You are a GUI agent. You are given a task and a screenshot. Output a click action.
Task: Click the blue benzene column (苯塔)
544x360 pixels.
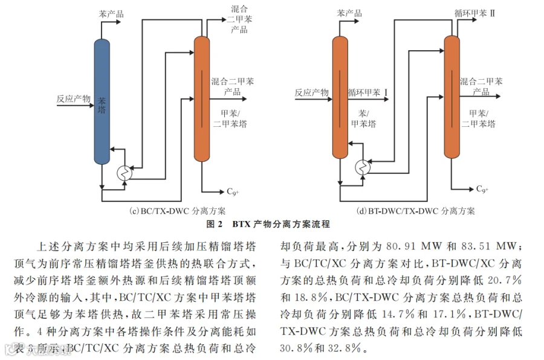tap(102, 101)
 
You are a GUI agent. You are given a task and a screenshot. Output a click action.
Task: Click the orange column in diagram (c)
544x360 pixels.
tap(201, 99)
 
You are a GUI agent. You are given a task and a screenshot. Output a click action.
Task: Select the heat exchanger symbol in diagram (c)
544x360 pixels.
tap(124, 172)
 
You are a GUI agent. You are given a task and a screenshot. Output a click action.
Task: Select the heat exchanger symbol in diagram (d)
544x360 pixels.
tap(363, 167)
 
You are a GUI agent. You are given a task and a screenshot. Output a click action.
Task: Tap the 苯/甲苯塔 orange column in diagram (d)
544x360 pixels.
tap(340, 97)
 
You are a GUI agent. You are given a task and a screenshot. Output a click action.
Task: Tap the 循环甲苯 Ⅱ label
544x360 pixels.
tap(475, 13)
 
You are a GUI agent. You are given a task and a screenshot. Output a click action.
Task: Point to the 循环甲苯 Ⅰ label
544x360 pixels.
tap(368, 92)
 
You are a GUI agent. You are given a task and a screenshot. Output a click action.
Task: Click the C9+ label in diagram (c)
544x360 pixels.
tap(233, 191)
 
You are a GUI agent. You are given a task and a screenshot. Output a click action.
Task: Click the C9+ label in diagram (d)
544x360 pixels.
tap(482, 189)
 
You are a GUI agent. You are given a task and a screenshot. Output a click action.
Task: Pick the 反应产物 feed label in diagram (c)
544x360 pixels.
tap(73, 99)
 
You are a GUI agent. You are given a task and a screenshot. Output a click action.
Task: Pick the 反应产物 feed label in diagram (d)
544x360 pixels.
tap(311, 92)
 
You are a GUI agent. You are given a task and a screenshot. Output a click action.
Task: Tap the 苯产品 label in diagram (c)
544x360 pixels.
tap(111, 14)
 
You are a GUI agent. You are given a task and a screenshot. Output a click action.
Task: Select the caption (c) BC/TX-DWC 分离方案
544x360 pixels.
tap(177, 211)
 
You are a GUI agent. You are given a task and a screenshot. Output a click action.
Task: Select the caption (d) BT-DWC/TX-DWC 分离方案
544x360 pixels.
tap(416, 211)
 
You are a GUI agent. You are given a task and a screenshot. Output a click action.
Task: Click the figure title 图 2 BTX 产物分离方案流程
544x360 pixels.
tap(268, 224)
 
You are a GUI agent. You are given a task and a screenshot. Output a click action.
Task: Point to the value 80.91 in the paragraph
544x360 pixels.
tap(400, 246)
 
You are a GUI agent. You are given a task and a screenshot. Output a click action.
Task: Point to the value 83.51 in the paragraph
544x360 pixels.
tap(476, 246)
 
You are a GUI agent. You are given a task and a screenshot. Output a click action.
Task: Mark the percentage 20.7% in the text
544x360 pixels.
tap(505, 280)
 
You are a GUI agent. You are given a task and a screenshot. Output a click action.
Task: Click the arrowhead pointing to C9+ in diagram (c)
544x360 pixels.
tap(222, 192)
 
